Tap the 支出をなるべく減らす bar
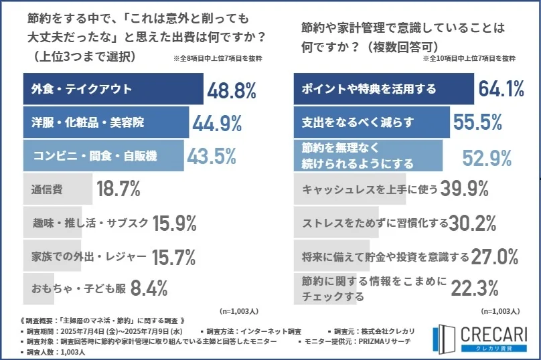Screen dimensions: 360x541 coord(372,122)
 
